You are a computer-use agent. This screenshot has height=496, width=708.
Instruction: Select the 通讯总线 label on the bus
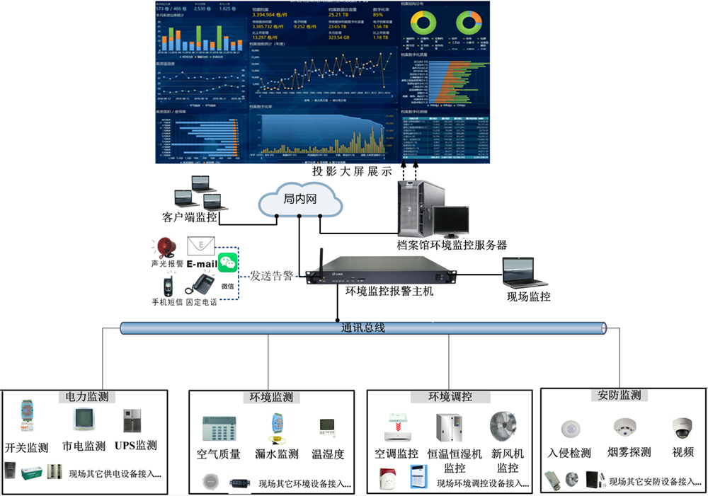362,328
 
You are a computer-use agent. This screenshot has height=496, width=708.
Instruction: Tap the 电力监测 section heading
86,397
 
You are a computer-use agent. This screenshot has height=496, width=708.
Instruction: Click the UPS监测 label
137,446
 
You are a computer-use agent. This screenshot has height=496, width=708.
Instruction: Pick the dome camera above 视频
682,428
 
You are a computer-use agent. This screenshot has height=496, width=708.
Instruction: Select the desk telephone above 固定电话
201,284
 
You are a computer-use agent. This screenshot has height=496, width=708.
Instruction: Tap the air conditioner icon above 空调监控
396,427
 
